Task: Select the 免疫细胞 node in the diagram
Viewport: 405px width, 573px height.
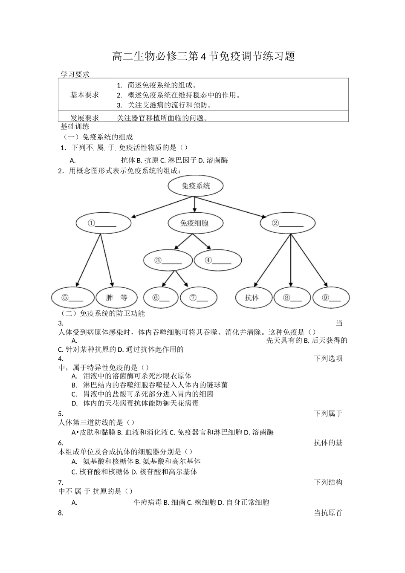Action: pos(194,223)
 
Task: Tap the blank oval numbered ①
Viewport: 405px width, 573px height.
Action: pos(102,223)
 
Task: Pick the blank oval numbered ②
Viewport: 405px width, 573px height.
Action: pos(287,223)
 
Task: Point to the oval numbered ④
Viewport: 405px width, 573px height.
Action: pos(218,260)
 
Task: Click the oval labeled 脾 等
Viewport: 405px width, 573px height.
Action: pos(116,298)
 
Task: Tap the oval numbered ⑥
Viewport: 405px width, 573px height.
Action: pos(160,298)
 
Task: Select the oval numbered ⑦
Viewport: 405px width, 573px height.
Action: pos(199,298)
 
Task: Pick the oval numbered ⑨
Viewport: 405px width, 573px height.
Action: pos(331,298)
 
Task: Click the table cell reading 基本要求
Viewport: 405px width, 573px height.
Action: pos(84,95)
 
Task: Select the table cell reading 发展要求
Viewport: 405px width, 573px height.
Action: pos(84,118)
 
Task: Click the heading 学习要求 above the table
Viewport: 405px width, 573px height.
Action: pos(75,74)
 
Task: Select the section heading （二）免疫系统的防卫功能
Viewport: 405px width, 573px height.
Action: pos(104,313)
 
